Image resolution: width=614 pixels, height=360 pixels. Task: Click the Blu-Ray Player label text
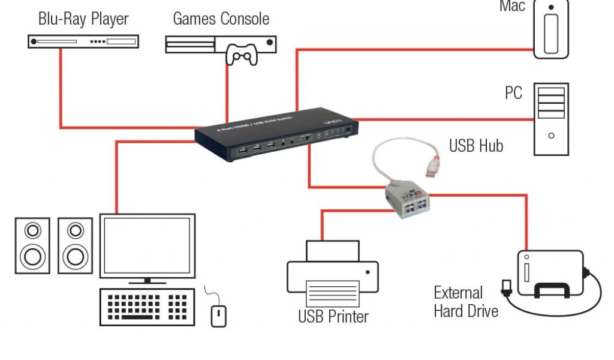[x=83, y=19]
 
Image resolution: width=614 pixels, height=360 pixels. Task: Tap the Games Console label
[x=221, y=19]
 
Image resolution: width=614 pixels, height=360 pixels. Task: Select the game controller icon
[x=241, y=56]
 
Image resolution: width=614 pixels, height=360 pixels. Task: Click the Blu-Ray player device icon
[x=84, y=42]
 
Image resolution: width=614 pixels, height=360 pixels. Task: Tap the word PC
[x=513, y=94]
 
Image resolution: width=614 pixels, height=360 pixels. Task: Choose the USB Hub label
[x=476, y=146]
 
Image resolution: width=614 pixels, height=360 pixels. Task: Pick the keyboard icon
[x=147, y=307]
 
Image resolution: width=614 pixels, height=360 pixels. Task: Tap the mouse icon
[x=219, y=315]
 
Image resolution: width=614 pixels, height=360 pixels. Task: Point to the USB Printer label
[x=333, y=316]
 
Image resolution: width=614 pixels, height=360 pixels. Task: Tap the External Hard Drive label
[x=465, y=302]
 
